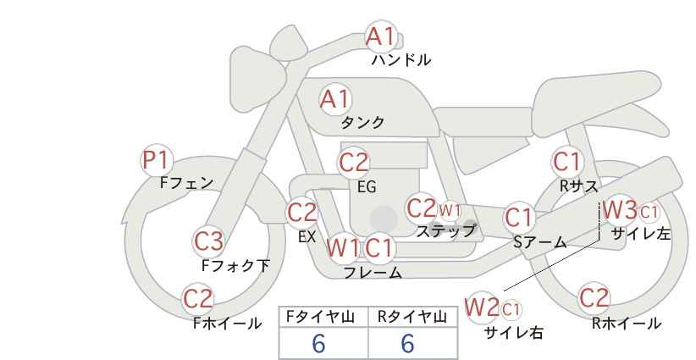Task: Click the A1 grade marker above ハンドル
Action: pyautogui.click(x=380, y=36)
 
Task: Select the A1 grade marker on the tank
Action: pyautogui.click(x=335, y=99)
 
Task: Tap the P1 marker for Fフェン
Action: pyautogui.click(x=157, y=160)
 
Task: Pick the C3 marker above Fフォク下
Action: pyautogui.click(x=208, y=241)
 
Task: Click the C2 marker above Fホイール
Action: pyautogui.click(x=198, y=299)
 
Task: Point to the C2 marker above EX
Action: pyautogui.click(x=301, y=212)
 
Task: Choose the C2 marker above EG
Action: pyautogui.click(x=353, y=163)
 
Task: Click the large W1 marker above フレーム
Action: pyautogui.click(x=343, y=247)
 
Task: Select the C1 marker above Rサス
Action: pyautogui.click(x=566, y=162)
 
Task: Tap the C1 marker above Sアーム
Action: pyautogui.click(x=519, y=218)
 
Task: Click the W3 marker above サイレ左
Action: pyautogui.click(x=620, y=210)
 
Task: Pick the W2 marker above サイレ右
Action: pyautogui.click(x=481, y=307)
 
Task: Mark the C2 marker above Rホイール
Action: pyautogui.click(x=594, y=298)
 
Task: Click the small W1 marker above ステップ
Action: pyautogui.click(x=450, y=210)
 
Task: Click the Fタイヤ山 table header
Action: pyautogui.click(x=320, y=317)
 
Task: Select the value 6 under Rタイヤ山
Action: pyautogui.click(x=407, y=343)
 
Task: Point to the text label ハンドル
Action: pyautogui.click(x=401, y=60)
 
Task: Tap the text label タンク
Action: pyautogui.click(x=362, y=123)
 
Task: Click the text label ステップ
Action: pyautogui.click(x=445, y=231)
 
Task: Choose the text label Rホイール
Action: pyautogui.click(x=627, y=324)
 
